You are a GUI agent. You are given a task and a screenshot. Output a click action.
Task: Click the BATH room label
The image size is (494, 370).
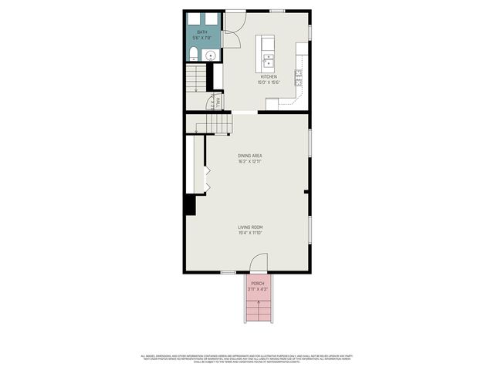coord(201,32)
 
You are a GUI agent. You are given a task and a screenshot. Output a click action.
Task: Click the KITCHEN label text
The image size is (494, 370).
coord(269,77)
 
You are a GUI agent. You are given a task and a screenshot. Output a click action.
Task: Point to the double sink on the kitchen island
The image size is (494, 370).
coord(269,60)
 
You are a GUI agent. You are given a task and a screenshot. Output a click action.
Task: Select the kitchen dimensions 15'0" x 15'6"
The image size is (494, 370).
coord(269,82)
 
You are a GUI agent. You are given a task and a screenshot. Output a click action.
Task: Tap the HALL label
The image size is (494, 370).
coord(218,101)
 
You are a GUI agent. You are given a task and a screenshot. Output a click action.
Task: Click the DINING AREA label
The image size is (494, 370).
coord(250,156)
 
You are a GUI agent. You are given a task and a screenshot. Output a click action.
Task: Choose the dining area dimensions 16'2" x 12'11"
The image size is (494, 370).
coord(250,161)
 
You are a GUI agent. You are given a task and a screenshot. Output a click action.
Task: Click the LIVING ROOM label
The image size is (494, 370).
coord(250,227)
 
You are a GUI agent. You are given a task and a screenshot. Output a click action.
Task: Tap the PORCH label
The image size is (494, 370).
coord(258,284)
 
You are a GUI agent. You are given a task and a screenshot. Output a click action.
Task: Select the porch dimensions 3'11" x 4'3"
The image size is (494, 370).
coord(258,289)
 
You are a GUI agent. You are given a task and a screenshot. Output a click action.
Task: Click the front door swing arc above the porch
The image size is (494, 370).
coord(258,264)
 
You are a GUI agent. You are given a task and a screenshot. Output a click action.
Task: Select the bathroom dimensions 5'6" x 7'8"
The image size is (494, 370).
coord(201,37)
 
